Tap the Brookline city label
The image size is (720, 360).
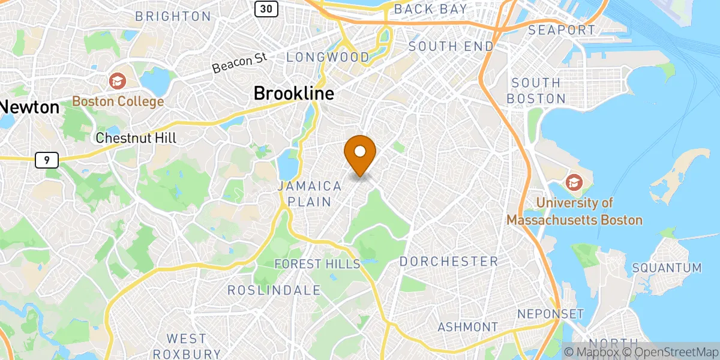coord(293,94)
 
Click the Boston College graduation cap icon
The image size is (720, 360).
coord(117,80)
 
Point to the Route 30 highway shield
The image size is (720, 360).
coord(265,8)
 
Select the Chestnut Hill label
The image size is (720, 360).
coord(137,138)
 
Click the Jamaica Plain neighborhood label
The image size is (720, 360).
coord(310,194)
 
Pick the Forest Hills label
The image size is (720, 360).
coord(317,264)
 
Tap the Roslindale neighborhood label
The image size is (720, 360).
coord(274,290)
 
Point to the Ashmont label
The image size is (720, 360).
coord(468,327)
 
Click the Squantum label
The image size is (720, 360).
coord(667,268)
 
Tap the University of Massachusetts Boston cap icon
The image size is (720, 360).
coord(574,181)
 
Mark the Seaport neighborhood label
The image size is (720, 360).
coord(562,30)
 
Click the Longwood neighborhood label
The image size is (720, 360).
coord(328,58)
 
